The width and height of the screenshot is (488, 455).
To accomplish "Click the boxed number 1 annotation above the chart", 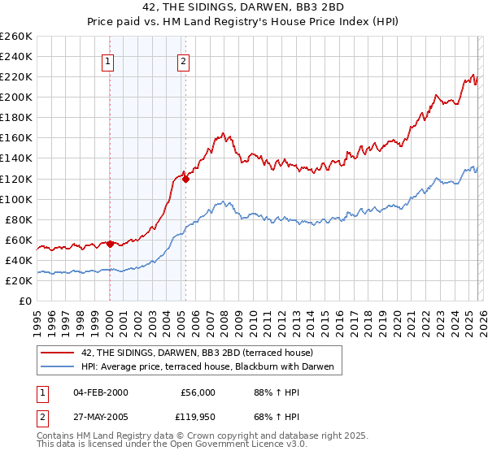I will [x=108, y=60].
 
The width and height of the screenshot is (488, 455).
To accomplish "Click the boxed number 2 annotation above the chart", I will [x=185, y=60].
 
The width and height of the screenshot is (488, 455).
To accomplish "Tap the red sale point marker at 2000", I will [x=110, y=243].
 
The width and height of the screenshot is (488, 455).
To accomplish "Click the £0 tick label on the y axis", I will [x=25, y=301].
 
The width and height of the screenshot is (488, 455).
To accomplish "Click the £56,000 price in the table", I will [x=198, y=392].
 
